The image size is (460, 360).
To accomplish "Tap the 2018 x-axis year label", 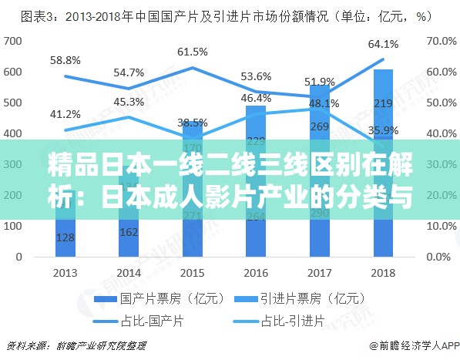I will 383,272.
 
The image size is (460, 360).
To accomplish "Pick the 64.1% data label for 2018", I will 383,44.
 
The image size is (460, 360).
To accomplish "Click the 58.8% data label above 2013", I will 65,59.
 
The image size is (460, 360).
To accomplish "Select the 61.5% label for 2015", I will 193,52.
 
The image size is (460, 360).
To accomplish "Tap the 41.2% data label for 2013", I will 65,113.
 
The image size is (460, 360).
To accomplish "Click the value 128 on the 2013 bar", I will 65,238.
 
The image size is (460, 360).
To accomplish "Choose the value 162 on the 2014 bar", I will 129,232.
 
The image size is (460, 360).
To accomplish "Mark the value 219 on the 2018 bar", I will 383,103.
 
